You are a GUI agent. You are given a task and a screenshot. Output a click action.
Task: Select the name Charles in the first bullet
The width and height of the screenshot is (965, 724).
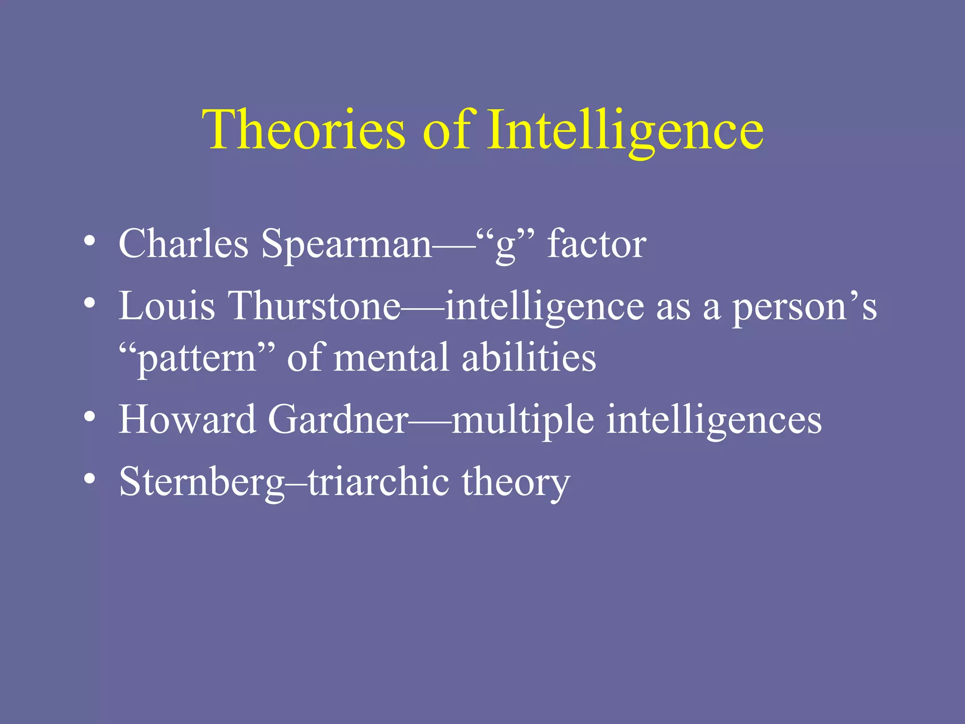183,244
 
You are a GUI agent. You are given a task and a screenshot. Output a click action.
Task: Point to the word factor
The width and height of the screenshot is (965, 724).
597,244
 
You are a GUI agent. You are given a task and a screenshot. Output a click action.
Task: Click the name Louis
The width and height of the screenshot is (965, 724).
166,306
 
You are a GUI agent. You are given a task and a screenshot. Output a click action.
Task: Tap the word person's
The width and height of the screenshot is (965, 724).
804,307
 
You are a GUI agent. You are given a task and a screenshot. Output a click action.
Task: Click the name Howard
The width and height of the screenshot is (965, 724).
187,419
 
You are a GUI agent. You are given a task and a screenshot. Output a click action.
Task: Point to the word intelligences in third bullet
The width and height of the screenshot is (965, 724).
714,420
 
